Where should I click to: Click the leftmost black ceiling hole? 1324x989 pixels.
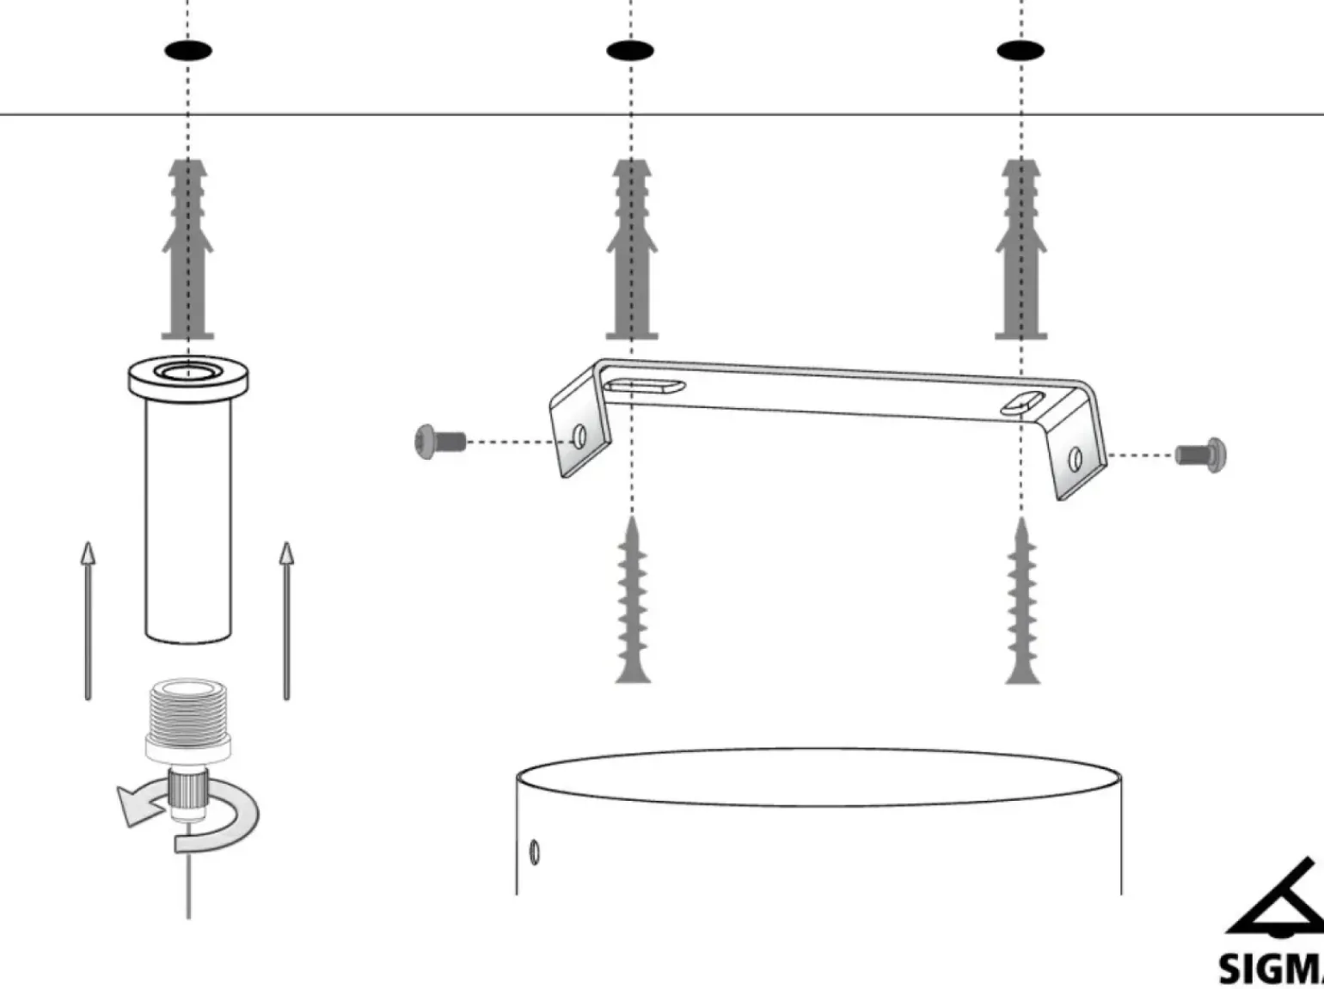tap(187, 51)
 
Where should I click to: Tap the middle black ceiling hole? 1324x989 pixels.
tap(630, 51)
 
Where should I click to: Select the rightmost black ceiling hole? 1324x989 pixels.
tap(1021, 51)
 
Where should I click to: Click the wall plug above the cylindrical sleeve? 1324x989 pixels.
tap(187, 249)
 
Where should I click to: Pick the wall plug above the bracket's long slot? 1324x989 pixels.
tap(632, 249)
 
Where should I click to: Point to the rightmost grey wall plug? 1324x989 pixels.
tap(1021, 249)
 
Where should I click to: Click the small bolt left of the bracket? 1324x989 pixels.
tap(439, 442)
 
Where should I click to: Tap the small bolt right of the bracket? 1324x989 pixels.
tap(1202, 454)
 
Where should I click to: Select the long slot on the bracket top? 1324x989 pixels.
tap(644, 386)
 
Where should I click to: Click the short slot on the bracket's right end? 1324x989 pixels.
tap(1022, 402)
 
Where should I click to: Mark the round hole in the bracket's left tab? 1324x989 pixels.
tap(580, 437)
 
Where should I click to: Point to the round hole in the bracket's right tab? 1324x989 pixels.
tap(1075, 460)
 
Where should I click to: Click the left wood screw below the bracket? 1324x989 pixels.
tap(632, 601)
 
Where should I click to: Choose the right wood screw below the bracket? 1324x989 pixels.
tap(1022, 601)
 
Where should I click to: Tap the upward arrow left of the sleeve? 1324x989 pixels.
tap(88, 619)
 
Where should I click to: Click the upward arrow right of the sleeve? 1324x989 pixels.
tap(286, 619)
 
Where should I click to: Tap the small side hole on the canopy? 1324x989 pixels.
tap(535, 852)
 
